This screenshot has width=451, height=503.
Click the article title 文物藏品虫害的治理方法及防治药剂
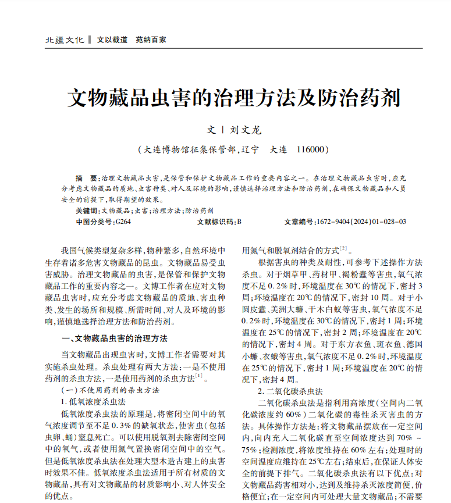pos(235,98)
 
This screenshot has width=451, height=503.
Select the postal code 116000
pos(308,149)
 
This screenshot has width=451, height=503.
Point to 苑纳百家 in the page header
pos(151,40)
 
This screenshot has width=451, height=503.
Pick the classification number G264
pos(123,222)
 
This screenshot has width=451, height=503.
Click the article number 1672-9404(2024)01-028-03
pos(361,222)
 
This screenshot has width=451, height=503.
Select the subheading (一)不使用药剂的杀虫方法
pos(110,390)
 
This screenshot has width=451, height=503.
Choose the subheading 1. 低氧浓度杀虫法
pos(93,401)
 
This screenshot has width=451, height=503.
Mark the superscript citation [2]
pos(343,248)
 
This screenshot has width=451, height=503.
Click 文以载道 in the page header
pos(112,40)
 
